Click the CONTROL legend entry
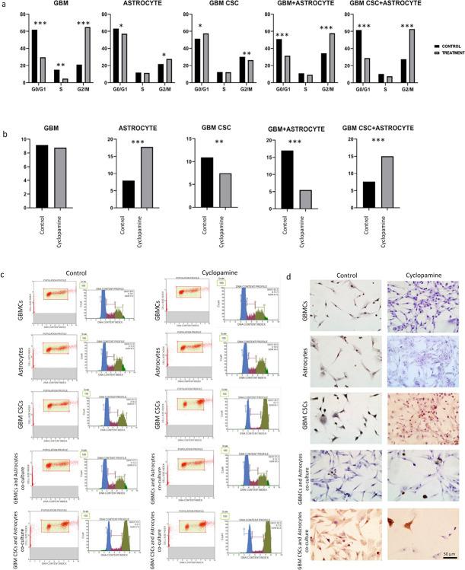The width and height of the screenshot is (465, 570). point(433,46)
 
